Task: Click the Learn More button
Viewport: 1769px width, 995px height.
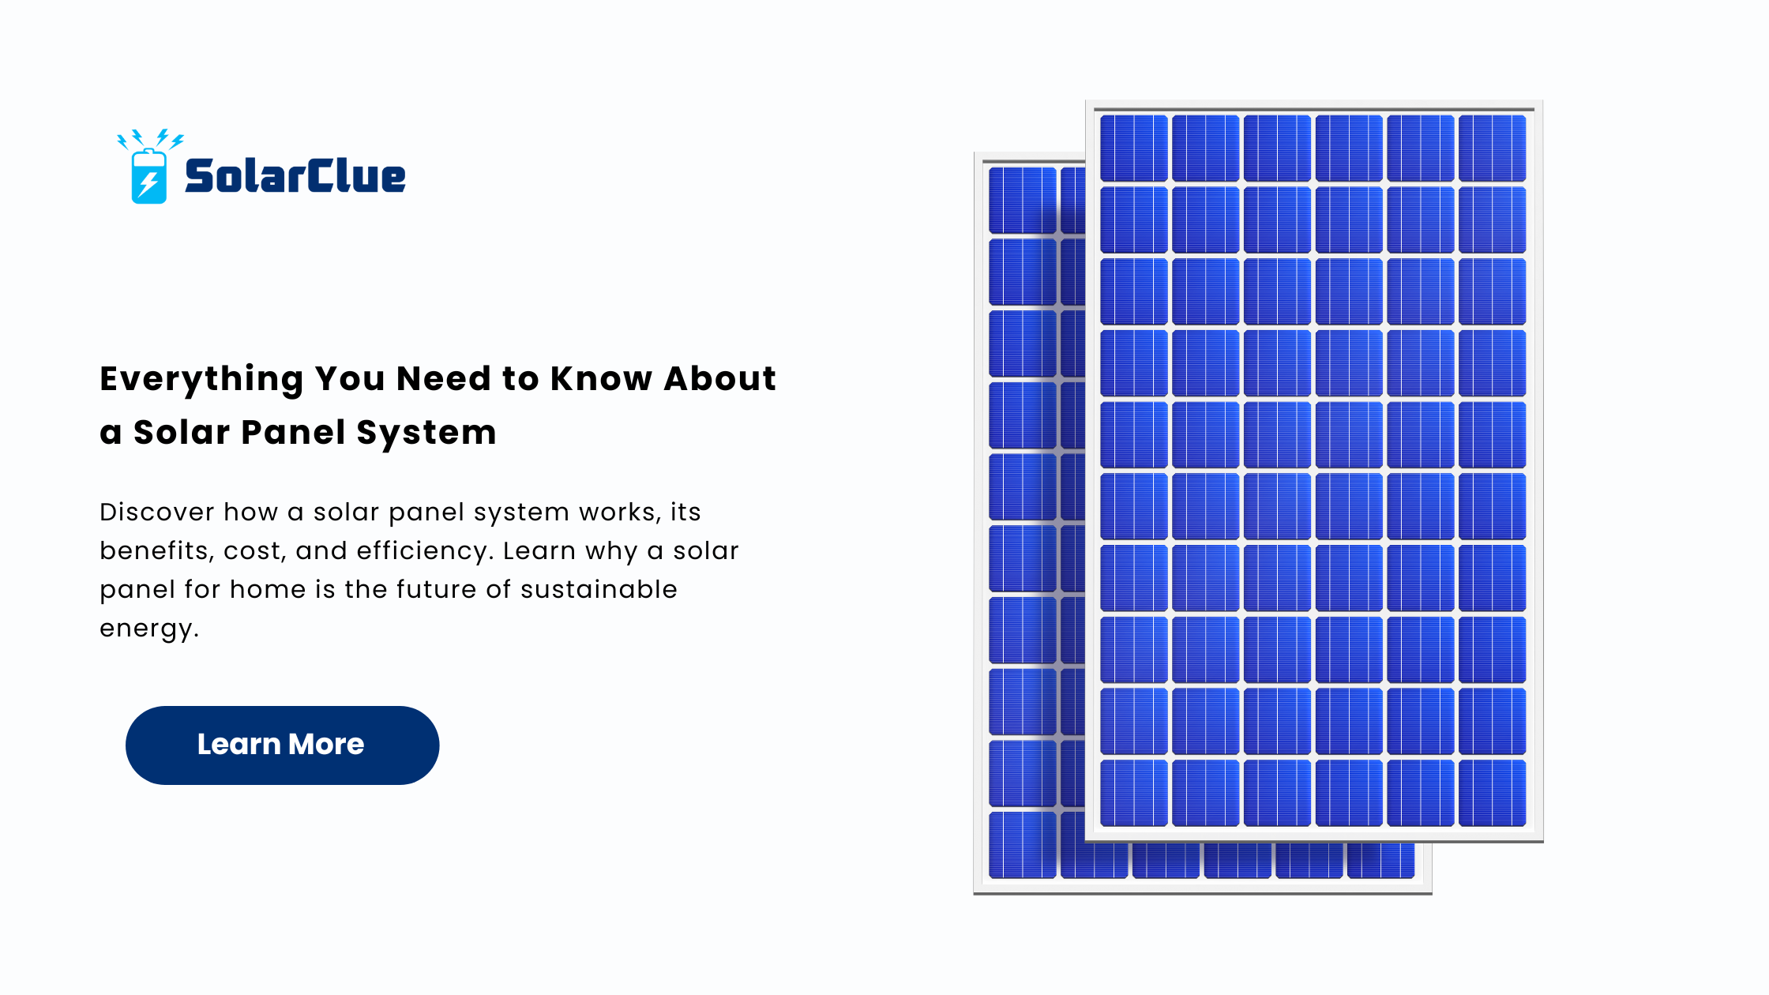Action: pyautogui.click(x=282, y=745)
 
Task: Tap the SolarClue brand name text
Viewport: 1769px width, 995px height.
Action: pyautogui.click(x=295, y=175)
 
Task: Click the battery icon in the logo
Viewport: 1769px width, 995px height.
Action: pyautogui.click(x=149, y=176)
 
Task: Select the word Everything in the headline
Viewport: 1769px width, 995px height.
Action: pyautogui.click(x=201, y=380)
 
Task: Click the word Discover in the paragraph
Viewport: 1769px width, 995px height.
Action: pyautogui.click(x=156, y=512)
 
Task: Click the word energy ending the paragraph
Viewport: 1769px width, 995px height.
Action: pyautogui.click(x=148, y=629)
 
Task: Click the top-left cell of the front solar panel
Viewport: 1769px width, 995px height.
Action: pyautogui.click(x=1133, y=148)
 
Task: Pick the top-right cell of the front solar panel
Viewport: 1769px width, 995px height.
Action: pyautogui.click(x=1492, y=148)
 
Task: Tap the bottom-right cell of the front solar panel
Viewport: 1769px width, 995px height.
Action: pyautogui.click(x=1492, y=793)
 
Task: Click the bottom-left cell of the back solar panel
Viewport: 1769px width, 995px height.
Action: pyautogui.click(x=1023, y=845)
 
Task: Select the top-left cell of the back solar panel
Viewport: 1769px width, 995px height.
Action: pyautogui.click(x=1023, y=201)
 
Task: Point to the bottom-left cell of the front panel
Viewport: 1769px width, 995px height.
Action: pyautogui.click(x=1133, y=793)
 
